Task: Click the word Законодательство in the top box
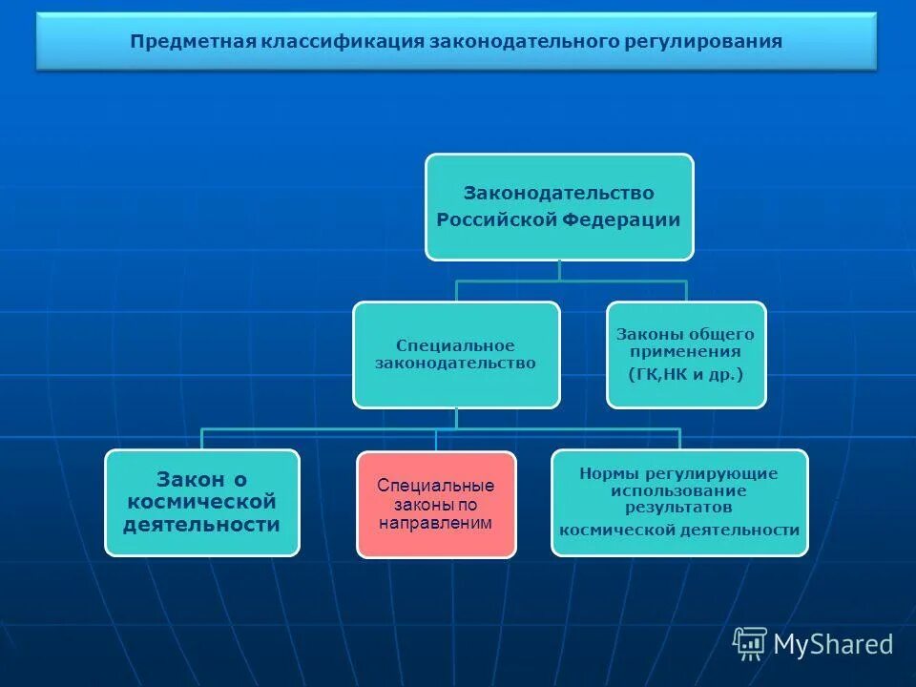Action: [559, 193]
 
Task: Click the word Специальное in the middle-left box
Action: [456, 345]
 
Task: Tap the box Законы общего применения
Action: [686, 355]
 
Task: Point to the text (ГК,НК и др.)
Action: [686, 375]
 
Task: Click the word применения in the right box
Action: [686, 351]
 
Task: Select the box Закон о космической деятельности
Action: [201, 503]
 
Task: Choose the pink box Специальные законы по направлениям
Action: [436, 504]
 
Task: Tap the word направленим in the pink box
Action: [436, 523]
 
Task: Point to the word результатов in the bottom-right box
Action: [679, 507]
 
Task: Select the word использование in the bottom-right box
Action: [679, 490]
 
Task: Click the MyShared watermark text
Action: [833, 644]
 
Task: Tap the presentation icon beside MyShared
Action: [750, 644]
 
